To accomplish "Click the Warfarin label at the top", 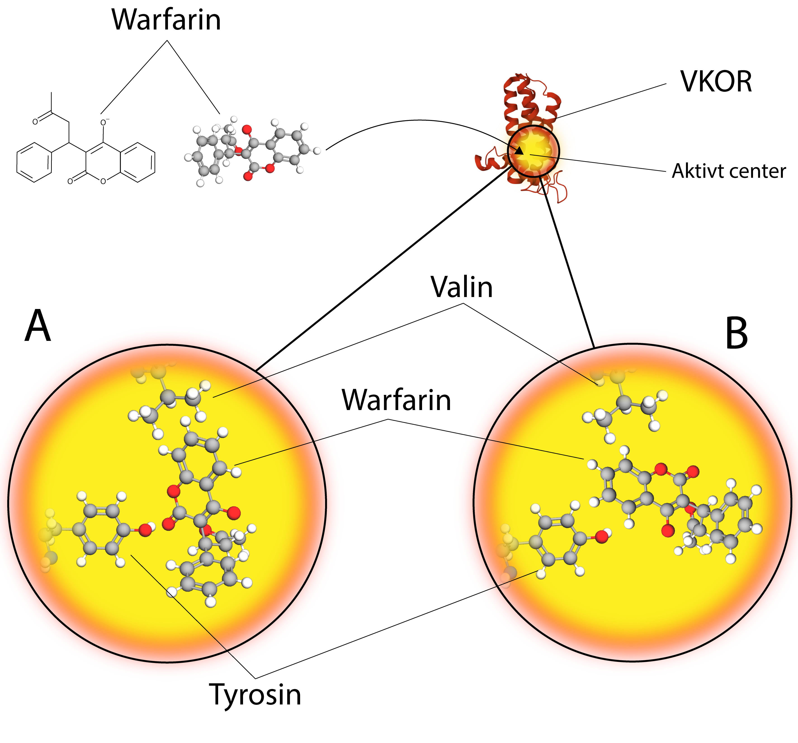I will [166, 20].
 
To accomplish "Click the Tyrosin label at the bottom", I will [255, 696].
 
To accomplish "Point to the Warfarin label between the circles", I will [396, 401].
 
